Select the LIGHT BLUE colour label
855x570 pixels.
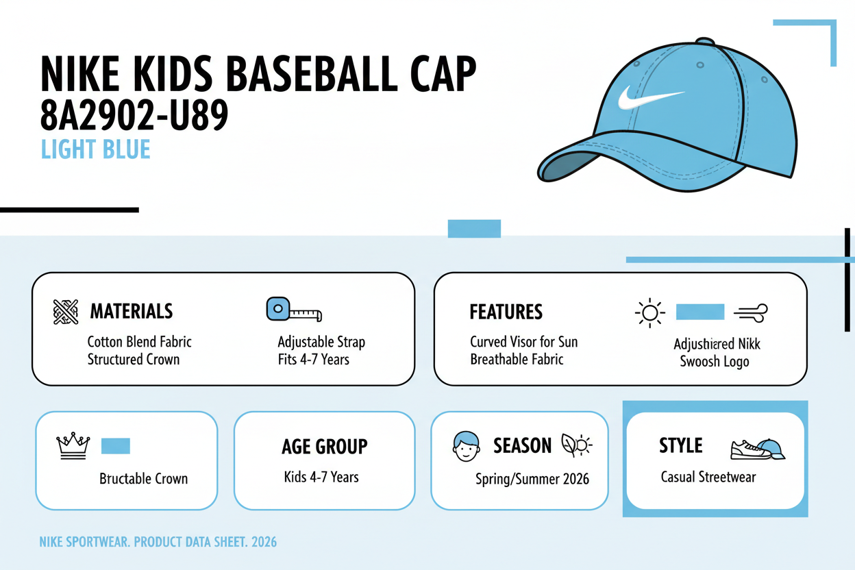pos(95,149)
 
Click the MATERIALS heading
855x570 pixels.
pos(132,312)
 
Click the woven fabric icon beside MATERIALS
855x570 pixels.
pos(66,312)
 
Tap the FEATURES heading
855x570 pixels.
pos(506,312)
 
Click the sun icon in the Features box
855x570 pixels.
pos(649,313)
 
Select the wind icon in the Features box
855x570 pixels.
pos(750,313)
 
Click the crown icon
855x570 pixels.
pos(73,446)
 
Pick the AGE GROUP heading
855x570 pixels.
pos(324,447)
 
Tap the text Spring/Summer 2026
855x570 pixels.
pos(532,479)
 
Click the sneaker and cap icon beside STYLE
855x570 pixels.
pos(757,449)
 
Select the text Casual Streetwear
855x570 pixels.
pos(708,477)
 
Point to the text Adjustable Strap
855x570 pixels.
pos(321,342)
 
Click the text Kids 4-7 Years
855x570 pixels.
pos(321,477)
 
